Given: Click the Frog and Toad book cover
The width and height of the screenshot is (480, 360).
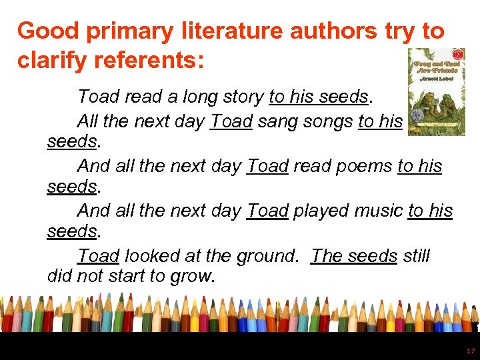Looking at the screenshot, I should coord(436,91).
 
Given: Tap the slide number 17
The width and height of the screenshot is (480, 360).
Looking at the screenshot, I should coord(471,351).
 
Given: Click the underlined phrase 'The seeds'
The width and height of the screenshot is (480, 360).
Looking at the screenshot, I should coord(354,256).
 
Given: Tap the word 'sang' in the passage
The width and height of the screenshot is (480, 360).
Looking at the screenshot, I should coord(279,121).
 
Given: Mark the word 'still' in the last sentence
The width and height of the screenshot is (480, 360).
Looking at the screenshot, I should coord(417,256).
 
